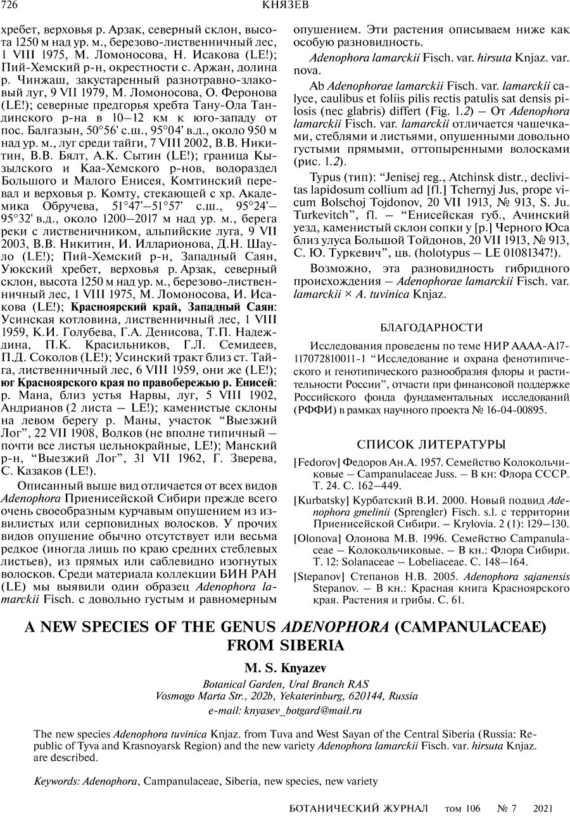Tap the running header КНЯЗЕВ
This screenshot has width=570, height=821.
click(x=284, y=6)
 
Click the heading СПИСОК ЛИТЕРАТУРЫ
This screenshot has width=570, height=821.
click(x=431, y=443)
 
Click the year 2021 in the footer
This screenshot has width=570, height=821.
click(x=545, y=809)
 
